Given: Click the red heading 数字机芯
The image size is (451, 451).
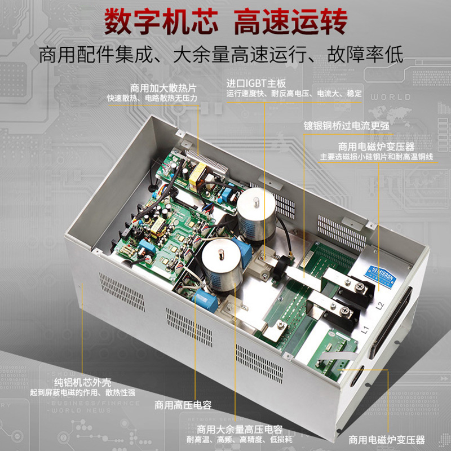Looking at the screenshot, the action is click(161, 21).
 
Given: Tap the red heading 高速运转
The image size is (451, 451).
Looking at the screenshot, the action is click(290, 21).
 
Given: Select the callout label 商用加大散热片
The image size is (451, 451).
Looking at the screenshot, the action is click(163, 88).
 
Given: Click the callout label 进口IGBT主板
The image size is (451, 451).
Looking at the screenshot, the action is click(256, 83).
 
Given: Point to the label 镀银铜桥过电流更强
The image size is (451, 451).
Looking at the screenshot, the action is click(346, 126).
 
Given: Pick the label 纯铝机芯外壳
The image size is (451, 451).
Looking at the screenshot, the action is click(82, 382).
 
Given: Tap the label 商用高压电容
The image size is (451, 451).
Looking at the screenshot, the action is click(183, 405).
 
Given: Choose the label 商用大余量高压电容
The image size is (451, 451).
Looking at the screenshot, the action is click(240, 430).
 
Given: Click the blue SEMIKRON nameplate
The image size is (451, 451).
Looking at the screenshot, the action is click(380, 275).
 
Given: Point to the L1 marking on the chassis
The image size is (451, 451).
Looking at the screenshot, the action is click(365, 330).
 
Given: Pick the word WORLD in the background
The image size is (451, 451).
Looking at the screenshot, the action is click(391, 97).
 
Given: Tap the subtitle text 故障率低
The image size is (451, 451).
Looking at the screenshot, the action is click(365, 54).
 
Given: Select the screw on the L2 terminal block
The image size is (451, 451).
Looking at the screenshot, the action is click(360, 286).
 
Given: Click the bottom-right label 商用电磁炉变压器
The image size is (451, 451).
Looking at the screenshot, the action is click(387, 440).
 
